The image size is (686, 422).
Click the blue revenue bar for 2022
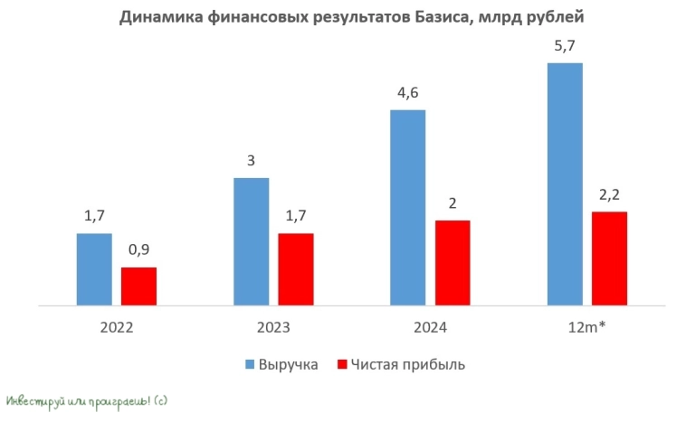[94, 269]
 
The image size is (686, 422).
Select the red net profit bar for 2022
[138, 286]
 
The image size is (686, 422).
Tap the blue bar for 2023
[251, 241]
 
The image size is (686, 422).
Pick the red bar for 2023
[295, 269]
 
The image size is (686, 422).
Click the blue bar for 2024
[407, 208]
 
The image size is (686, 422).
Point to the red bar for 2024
[452, 263]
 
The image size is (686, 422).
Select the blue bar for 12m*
[564, 184]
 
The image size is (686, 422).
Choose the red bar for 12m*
[609, 258]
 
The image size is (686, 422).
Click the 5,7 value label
[564, 45]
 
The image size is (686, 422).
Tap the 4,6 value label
[407, 92]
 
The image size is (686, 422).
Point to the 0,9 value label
[138, 249]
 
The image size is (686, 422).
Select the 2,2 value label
[609, 193]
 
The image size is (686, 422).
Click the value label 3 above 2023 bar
[251, 161]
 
